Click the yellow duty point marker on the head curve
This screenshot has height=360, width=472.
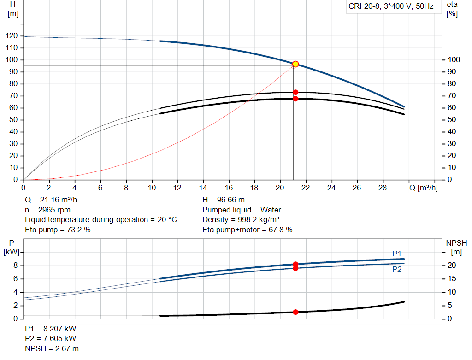[295, 64]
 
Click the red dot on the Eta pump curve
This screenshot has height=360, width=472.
[295, 92]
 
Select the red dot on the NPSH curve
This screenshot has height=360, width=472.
[295, 312]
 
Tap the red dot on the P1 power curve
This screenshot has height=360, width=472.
[295, 264]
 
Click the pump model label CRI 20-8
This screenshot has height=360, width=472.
[390, 7]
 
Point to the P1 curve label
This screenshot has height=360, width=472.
[397, 254]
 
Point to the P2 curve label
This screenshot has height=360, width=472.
[397, 270]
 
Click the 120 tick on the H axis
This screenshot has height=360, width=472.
[13, 36]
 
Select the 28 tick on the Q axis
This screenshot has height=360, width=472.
[382, 188]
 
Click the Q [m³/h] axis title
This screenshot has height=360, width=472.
[423, 188]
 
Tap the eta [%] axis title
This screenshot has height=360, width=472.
[452, 9]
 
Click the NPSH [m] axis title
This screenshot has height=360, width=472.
[456, 247]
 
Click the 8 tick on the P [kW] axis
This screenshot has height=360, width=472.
[15, 266]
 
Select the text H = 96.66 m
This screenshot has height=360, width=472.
[224, 200]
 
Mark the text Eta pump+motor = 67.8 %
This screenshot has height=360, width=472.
[247, 230]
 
